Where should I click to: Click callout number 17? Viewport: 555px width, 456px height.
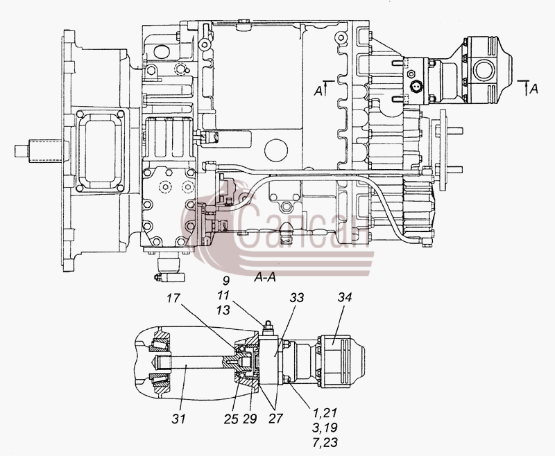pos(173,298)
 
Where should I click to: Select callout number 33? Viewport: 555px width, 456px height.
pos(297,297)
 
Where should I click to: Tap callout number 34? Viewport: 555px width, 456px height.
pos(344,297)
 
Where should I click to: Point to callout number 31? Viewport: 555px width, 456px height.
pos(178,419)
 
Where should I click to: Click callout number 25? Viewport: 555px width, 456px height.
pos(231,419)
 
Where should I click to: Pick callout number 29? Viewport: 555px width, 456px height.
pos(250,419)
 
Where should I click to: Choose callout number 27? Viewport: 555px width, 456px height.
pos(275,419)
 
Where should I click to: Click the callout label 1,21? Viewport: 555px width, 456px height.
pos(325,413)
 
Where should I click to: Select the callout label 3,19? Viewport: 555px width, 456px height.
pos(325,428)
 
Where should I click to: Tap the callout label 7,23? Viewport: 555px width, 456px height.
pos(325,442)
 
